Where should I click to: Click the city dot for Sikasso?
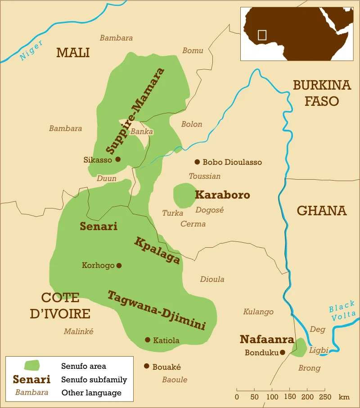118,159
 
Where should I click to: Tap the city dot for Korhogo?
119,266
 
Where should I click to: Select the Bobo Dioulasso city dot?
197,162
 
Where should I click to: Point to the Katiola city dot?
148,340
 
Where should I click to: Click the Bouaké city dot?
146,367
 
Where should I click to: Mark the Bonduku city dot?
283,353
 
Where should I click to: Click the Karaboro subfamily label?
222,195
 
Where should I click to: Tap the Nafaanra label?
267,340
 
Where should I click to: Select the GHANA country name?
322,211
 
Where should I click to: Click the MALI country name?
73,53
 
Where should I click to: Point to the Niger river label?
31,50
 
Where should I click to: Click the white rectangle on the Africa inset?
262,35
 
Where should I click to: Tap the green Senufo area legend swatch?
31,366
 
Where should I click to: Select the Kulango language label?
258,312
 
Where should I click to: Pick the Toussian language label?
205,176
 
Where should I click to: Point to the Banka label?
141,132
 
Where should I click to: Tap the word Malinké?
78,331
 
